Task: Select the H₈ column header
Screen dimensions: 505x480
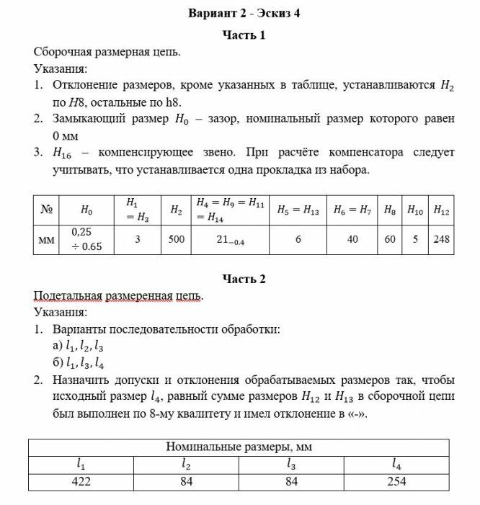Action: pyautogui.click(x=389, y=210)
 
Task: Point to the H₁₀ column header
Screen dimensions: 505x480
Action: pyautogui.click(x=415, y=210)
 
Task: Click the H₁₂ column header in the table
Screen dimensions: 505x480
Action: pyautogui.click(x=441, y=210)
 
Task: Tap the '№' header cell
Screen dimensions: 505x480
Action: pyautogui.click(x=47, y=210)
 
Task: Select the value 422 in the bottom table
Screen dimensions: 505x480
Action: pyautogui.click(x=81, y=481)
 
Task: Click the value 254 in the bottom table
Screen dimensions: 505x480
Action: pyautogui.click(x=396, y=481)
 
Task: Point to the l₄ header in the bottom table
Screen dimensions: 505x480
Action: pyautogui.click(x=396, y=465)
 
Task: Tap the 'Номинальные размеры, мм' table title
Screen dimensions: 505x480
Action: pyautogui.click(x=239, y=447)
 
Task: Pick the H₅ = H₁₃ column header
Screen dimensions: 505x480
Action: pyautogui.click(x=298, y=210)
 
